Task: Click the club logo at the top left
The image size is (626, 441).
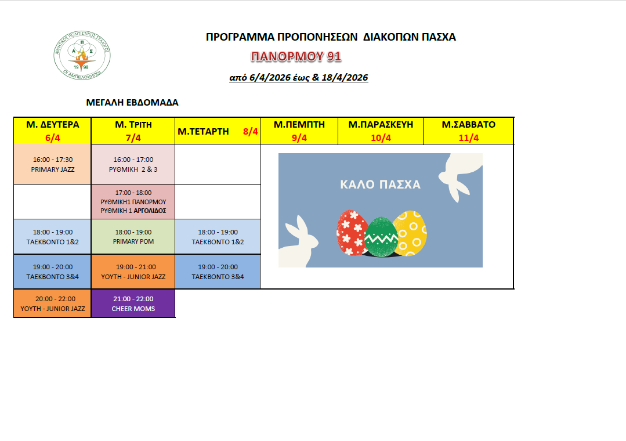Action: point(82,56)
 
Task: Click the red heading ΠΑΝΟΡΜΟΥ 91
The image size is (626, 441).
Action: point(296,56)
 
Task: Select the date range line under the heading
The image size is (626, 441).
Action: point(299,78)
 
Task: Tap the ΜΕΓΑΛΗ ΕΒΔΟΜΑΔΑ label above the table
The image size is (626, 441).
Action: point(132,103)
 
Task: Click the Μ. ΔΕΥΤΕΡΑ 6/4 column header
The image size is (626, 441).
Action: point(53,131)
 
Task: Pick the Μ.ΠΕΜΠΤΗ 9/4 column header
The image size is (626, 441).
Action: point(299,131)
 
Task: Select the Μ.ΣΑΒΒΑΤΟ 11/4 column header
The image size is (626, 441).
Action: point(468,131)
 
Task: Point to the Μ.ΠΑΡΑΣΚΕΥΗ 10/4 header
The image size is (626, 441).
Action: point(381,131)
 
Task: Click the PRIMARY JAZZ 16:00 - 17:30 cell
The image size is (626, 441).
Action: point(53,164)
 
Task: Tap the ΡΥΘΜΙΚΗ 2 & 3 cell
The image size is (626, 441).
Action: point(133,164)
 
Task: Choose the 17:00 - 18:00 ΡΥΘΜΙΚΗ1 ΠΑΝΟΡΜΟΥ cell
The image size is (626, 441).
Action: point(133,201)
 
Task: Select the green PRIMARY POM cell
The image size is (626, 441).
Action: point(133,236)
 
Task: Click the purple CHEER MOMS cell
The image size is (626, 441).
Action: point(133,303)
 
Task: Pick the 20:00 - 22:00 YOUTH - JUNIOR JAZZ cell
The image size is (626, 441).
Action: point(53,303)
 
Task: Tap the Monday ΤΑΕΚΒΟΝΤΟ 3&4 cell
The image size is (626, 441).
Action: point(53,272)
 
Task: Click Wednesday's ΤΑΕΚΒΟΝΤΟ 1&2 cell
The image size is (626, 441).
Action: point(218,236)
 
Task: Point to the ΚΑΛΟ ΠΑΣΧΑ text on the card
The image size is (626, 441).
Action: point(380,185)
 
